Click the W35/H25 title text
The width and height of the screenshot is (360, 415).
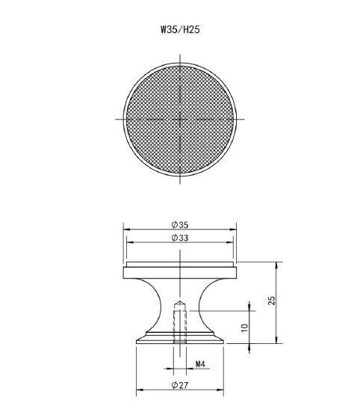coord(180,29)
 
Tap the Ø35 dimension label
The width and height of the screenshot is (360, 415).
coord(180,225)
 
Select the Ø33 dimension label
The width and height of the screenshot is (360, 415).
coord(180,238)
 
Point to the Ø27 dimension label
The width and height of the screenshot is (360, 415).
coord(180,385)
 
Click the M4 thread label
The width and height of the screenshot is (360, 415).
coord(200,364)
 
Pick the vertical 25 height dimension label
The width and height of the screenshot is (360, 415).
coord(271,301)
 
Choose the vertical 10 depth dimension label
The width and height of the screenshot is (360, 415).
coord(245,328)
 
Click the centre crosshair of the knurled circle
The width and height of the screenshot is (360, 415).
coord(180,119)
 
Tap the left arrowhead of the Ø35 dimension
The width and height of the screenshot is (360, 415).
coord(127,230)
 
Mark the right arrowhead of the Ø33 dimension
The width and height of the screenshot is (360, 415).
coord(230,242)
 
